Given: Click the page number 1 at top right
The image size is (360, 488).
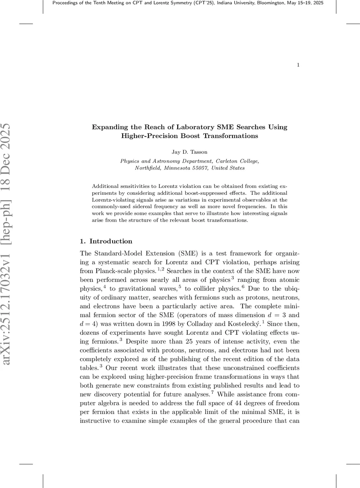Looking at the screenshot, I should pyautogui.click(x=298, y=65).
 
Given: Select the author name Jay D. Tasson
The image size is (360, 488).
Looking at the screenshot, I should pyautogui.click(x=189, y=152).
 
